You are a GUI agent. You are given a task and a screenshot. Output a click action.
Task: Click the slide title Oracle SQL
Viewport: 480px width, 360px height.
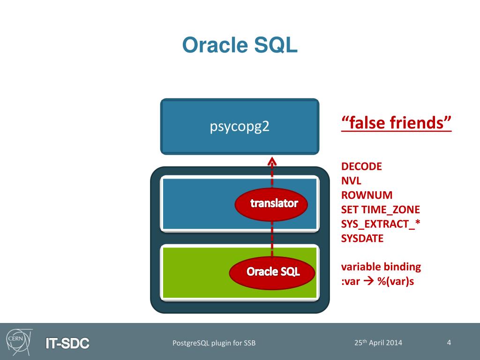(240, 45)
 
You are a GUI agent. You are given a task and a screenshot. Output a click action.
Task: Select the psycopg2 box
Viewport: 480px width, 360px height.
(240, 127)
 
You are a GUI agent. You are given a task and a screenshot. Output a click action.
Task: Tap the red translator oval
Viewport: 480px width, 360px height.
(274, 204)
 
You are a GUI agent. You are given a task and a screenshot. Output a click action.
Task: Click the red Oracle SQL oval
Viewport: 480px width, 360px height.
(273, 272)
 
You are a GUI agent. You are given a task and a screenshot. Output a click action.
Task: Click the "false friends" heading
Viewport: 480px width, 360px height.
(396, 124)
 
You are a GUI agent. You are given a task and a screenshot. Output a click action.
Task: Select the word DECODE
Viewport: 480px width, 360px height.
(361, 166)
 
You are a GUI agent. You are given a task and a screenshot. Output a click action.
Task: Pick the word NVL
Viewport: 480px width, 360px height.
(351, 181)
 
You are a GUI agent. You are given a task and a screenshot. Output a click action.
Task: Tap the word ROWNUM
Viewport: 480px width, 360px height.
(367, 195)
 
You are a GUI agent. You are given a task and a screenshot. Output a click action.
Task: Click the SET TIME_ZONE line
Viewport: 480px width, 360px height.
(380, 210)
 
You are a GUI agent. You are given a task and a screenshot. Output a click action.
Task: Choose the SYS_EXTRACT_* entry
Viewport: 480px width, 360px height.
(381, 224)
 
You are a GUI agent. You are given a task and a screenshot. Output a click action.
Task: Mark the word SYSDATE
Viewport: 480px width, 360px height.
(362, 238)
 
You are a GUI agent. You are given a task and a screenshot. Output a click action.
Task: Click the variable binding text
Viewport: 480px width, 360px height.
(381, 267)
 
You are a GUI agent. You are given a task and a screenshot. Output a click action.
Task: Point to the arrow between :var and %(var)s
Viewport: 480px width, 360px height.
(368, 282)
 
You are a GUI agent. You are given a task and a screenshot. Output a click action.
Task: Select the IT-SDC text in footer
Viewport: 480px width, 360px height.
(67, 343)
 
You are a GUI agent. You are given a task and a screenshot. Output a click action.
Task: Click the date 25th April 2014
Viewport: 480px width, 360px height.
(378, 343)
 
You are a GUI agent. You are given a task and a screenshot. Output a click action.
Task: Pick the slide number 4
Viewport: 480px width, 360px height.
(449, 342)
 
